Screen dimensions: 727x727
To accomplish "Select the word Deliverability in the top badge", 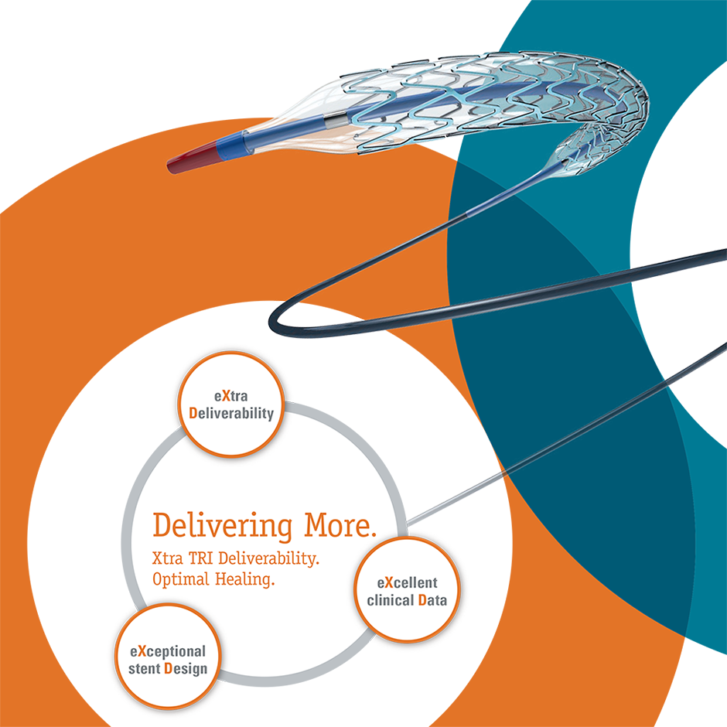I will pyautogui.click(x=232, y=413).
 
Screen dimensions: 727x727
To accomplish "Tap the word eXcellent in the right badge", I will pyautogui.click(x=407, y=582).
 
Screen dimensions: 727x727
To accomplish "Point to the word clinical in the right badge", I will pyautogui.click(x=391, y=599).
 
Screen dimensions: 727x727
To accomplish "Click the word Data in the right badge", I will pyautogui.click(x=432, y=599).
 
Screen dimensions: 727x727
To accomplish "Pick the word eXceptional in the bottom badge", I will pyautogui.click(x=169, y=651).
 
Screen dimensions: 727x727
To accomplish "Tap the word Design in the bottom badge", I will pyautogui.click(x=186, y=668).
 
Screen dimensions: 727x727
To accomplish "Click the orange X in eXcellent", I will pyautogui.click(x=390, y=582).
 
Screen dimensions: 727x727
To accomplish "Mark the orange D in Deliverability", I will pyautogui.click(x=193, y=413).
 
